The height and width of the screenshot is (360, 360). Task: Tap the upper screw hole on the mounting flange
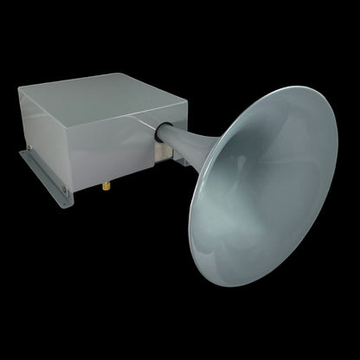pyautogui.click(x=29, y=149)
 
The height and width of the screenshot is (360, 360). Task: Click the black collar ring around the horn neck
pyautogui.click(x=161, y=131)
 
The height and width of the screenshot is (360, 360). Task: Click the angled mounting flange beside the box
pyautogui.click(x=43, y=172)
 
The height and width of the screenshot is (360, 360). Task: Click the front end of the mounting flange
pyautogui.click(x=66, y=204)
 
